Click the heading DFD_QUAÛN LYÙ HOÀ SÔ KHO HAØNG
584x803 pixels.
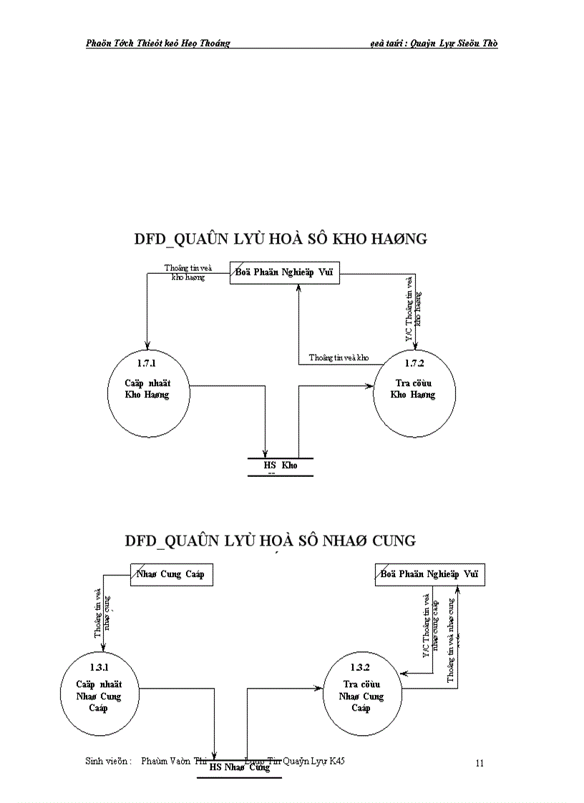point(281,240)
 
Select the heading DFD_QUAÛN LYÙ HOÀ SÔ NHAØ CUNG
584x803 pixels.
point(270,541)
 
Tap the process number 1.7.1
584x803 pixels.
point(147,364)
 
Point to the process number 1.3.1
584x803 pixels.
point(98,666)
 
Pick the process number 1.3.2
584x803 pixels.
point(361,666)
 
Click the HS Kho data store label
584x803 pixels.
point(280,465)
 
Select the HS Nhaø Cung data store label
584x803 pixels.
point(240,767)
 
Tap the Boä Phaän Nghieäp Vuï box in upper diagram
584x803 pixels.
point(285,272)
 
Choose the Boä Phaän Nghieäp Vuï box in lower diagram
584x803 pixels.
point(429,574)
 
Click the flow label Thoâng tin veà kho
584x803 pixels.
point(339,357)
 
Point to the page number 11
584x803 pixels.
point(480,763)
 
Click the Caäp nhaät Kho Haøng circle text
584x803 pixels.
point(147,388)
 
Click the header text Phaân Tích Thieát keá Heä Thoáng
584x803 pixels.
point(157,43)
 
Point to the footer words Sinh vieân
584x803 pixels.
point(108,762)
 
